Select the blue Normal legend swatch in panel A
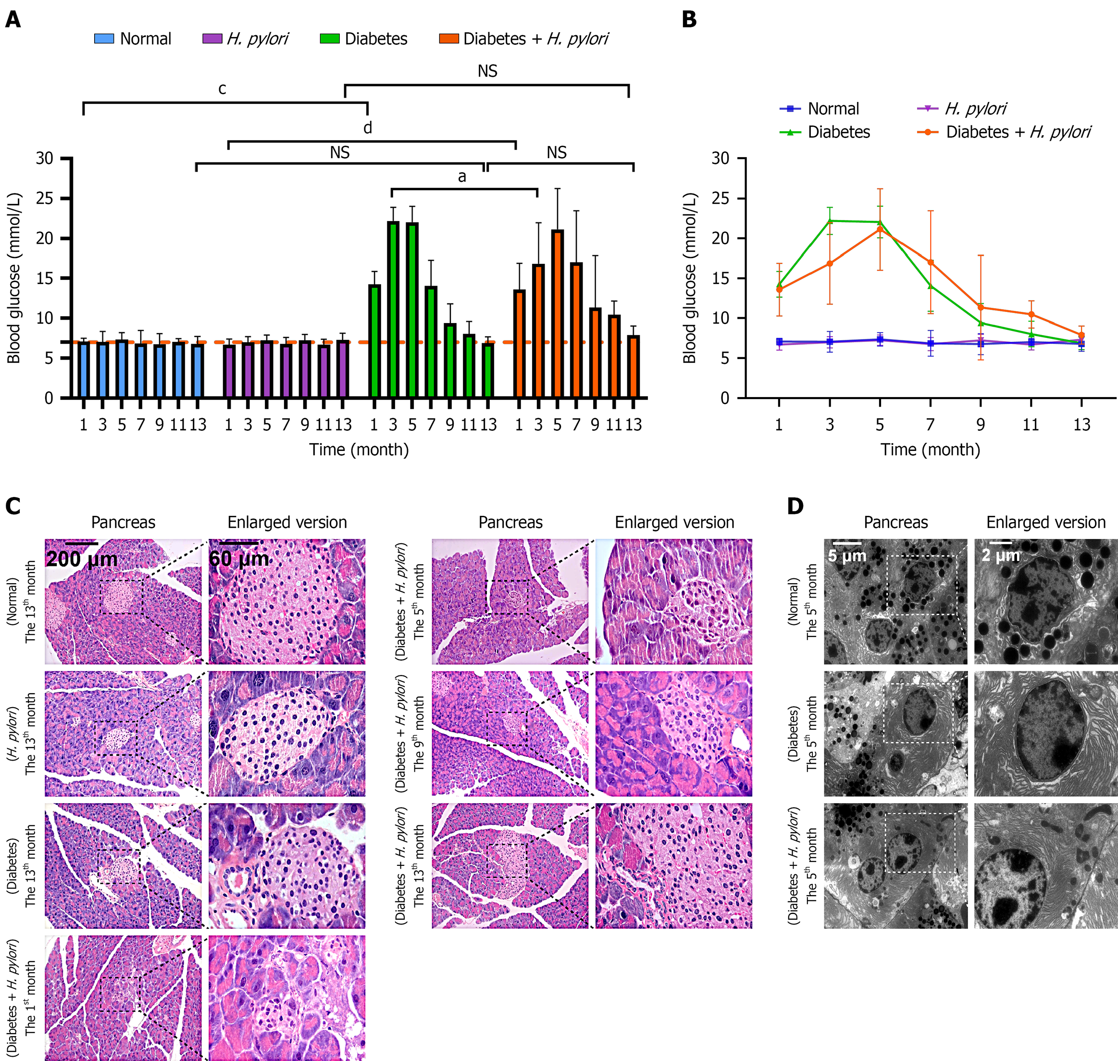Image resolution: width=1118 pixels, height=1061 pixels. (104, 38)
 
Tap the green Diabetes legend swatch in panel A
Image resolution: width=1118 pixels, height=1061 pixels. (330, 38)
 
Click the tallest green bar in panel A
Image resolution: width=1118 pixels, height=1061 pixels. (393, 309)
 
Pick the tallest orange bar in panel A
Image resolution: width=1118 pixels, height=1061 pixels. (557, 313)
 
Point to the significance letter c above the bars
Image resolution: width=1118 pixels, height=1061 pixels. (222, 89)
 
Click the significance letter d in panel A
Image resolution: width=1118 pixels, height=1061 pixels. (368, 128)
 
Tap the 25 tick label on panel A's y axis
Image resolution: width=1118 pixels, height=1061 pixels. (45, 198)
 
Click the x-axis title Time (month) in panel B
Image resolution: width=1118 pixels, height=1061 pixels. (930, 449)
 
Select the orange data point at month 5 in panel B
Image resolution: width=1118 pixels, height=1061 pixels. (880, 229)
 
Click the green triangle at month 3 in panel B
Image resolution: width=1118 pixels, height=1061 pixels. (830, 221)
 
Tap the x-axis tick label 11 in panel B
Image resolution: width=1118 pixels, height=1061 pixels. (1031, 424)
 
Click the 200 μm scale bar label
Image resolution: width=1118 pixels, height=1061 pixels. (82, 559)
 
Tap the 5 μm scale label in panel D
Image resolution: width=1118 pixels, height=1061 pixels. (846, 555)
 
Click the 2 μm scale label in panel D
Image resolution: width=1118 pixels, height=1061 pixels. (1000, 555)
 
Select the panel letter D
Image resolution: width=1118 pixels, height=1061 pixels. (795, 506)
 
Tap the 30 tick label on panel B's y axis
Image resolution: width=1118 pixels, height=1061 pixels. (720, 158)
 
